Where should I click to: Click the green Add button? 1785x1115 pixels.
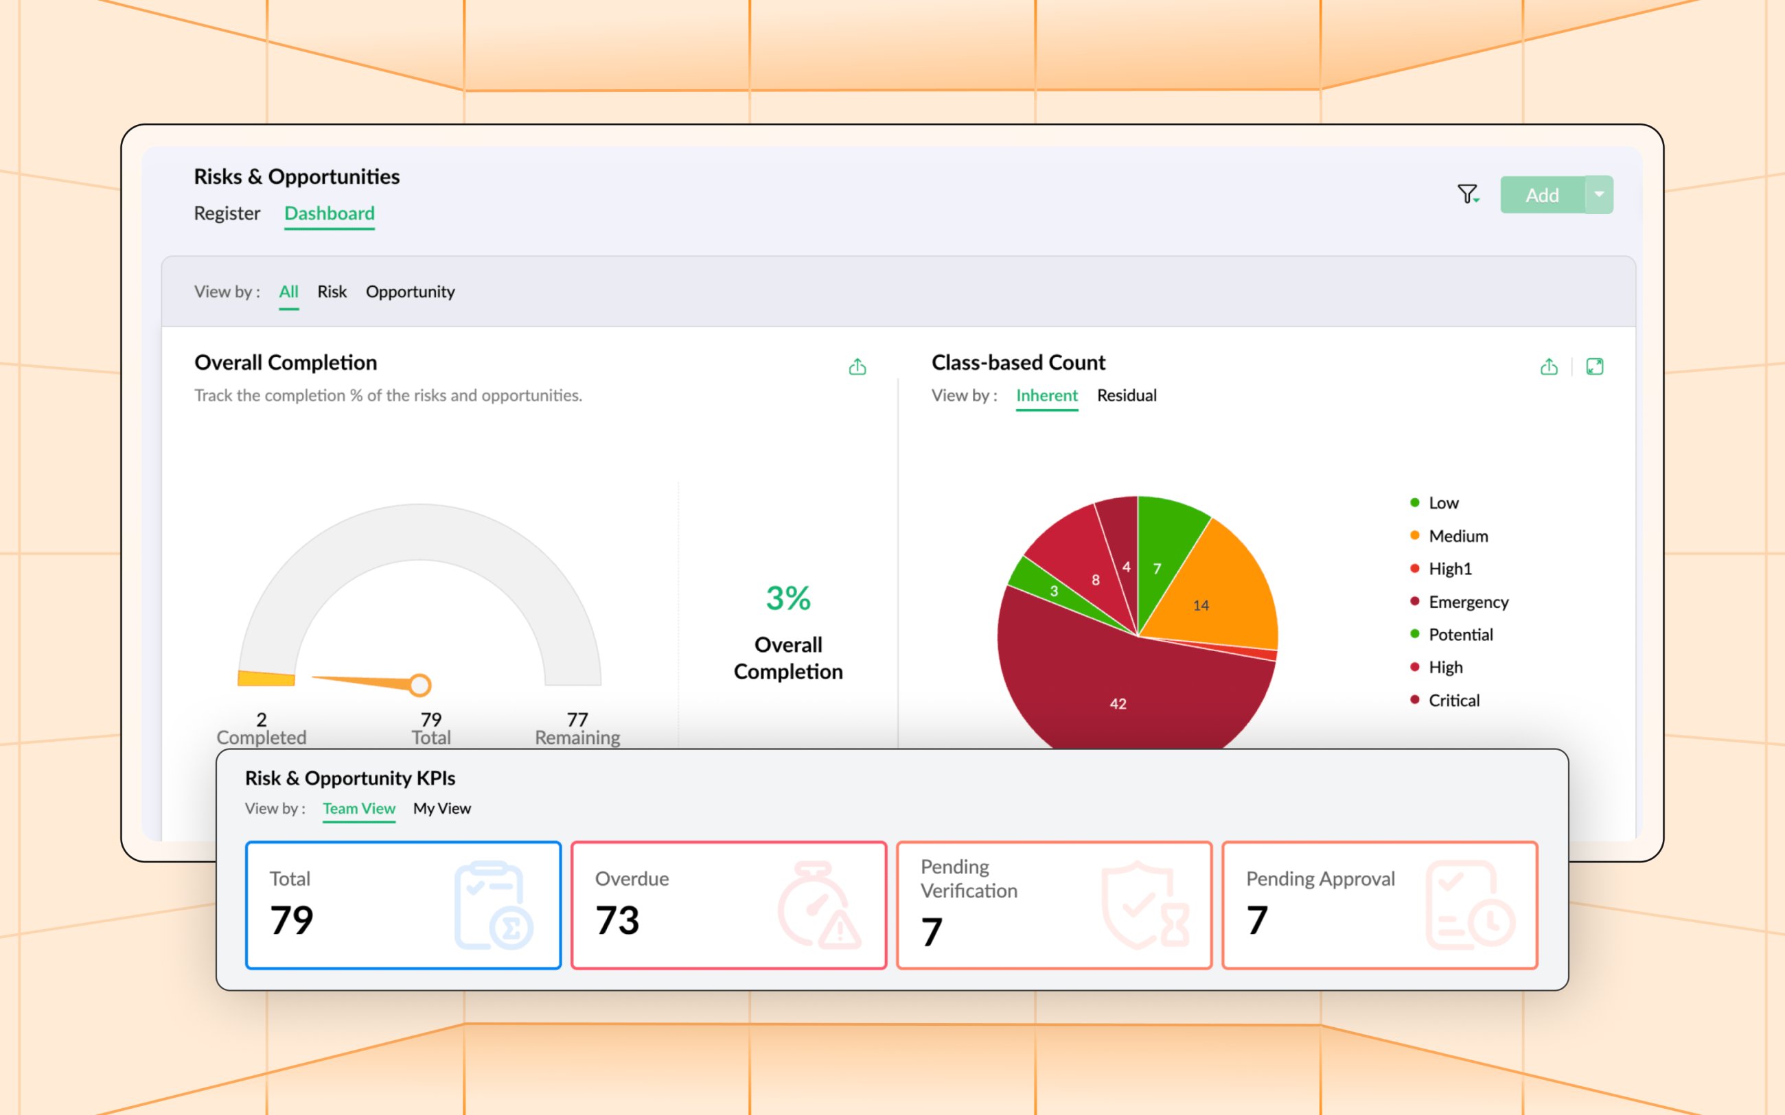click(x=1541, y=196)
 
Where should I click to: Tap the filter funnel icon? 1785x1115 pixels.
click(x=1467, y=194)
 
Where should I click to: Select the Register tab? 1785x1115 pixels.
click(x=227, y=214)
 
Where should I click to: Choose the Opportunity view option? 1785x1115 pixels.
click(x=410, y=292)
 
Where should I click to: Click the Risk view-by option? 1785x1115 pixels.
click(x=332, y=292)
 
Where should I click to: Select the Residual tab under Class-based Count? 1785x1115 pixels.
click(x=1127, y=396)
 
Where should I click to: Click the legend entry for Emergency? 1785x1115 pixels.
click(x=1468, y=602)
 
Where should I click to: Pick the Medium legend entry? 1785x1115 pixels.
click(x=1458, y=537)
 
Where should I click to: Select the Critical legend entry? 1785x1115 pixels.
click(x=1453, y=701)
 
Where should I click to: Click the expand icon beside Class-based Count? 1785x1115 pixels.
click(x=1595, y=367)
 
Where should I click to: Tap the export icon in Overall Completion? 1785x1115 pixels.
click(x=857, y=367)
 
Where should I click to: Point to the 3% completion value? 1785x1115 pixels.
click(x=787, y=598)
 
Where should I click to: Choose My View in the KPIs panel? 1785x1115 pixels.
click(x=442, y=809)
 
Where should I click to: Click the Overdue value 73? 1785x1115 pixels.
click(x=617, y=920)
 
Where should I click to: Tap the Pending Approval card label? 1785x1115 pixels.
click(x=1320, y=879)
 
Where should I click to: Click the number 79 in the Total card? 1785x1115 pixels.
click(x=292, y=920)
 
